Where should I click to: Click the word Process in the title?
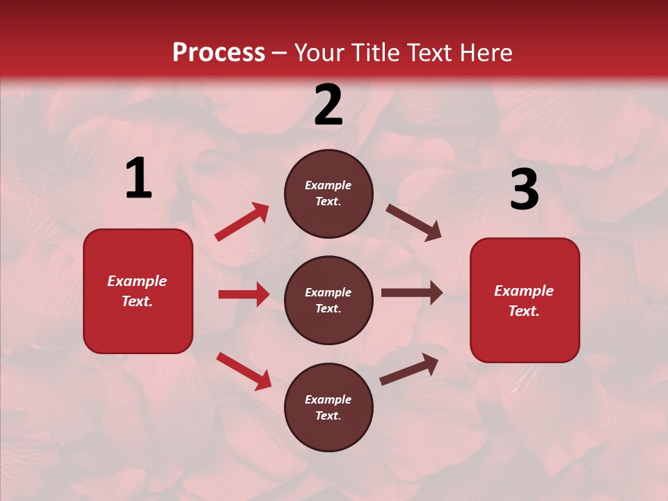click(218, 52)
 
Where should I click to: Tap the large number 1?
click(138, 179)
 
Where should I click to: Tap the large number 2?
click(328, 106)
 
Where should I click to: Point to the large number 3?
click(524, 190)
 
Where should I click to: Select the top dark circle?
click(328, 193)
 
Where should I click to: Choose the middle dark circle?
click(328, 301)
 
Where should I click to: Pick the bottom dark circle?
click(328, 408)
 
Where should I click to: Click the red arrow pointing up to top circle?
click(241, 222)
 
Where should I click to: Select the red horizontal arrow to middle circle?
click(244, 294)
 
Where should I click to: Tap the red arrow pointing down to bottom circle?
click(244, 371)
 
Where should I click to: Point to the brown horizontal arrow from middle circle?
click(411, 293)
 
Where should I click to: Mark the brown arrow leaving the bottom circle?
click(409, 369)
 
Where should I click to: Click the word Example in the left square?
click(137, 281)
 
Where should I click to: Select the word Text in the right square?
click(523, 311)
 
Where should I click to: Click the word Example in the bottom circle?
click(328, 399)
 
